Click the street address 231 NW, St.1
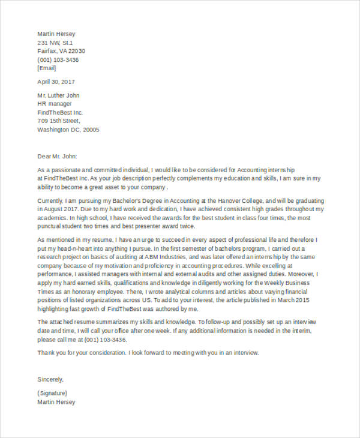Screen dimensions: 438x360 [55, 43]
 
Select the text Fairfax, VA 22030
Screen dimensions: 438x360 [61, 51]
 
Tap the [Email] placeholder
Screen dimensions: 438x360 [47, 68]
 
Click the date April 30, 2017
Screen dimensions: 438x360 [56, 82]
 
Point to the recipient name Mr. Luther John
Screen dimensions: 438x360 [58, 95]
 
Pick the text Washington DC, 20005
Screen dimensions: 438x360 [68, 130]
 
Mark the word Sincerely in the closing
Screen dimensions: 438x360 [50, 379]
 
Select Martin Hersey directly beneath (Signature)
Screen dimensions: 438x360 [56, 402]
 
